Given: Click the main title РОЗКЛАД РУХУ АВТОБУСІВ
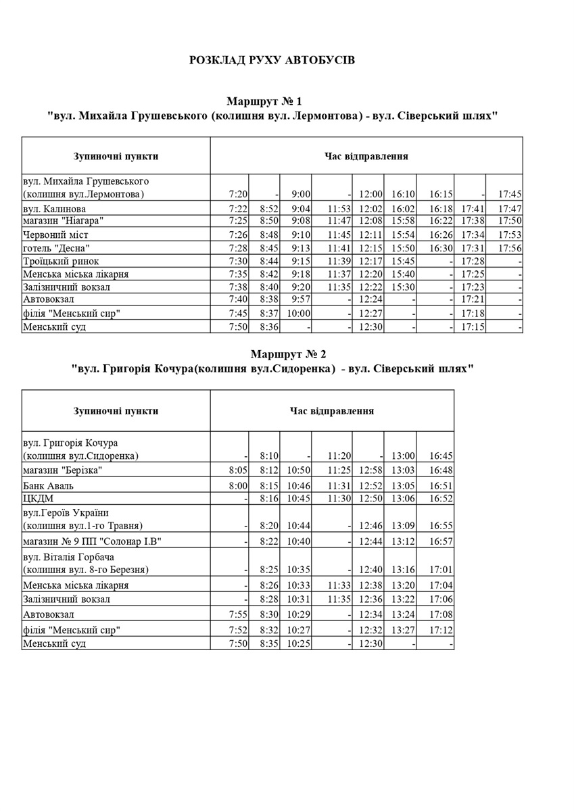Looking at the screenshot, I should tap(272, 61).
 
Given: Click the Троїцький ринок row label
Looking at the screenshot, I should tap(61, 261).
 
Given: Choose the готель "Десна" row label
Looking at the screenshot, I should tap(56, 248).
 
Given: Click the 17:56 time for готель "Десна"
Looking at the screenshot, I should tap(510, 248).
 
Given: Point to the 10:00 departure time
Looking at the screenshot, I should tap(299, 314).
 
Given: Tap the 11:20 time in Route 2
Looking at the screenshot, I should tap(337, 456).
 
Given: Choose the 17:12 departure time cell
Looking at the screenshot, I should tap(440, 631).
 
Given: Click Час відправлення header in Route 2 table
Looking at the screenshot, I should tap(332, 411).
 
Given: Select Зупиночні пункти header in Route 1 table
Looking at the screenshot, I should tap(116, 156).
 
